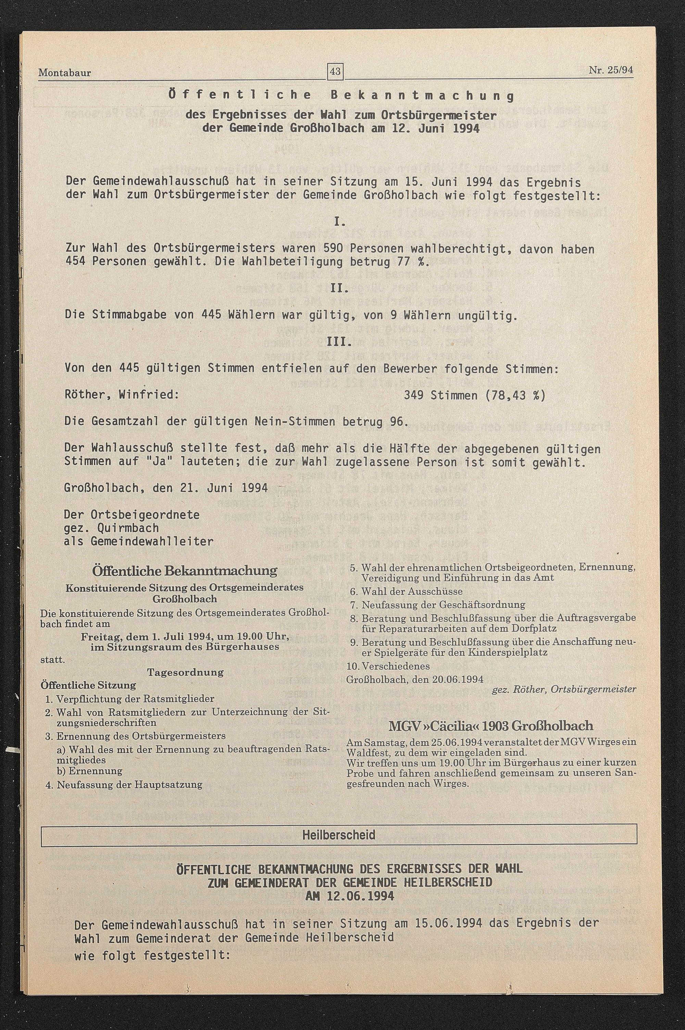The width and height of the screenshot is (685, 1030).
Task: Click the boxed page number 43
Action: click(x=335, y=71)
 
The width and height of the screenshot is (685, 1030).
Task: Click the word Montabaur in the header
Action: click(x=65, y=73)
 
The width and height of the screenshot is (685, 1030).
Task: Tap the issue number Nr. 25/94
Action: click(x=611, y=70)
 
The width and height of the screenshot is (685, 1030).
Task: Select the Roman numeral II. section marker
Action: click(x=339, y=289)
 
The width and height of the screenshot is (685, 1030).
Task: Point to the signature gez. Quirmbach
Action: click(x=111, y=528)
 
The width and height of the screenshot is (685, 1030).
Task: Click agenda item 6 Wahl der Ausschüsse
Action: click(x=406, y=591)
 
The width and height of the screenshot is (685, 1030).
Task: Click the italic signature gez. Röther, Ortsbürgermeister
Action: click(x=563, y=689)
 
